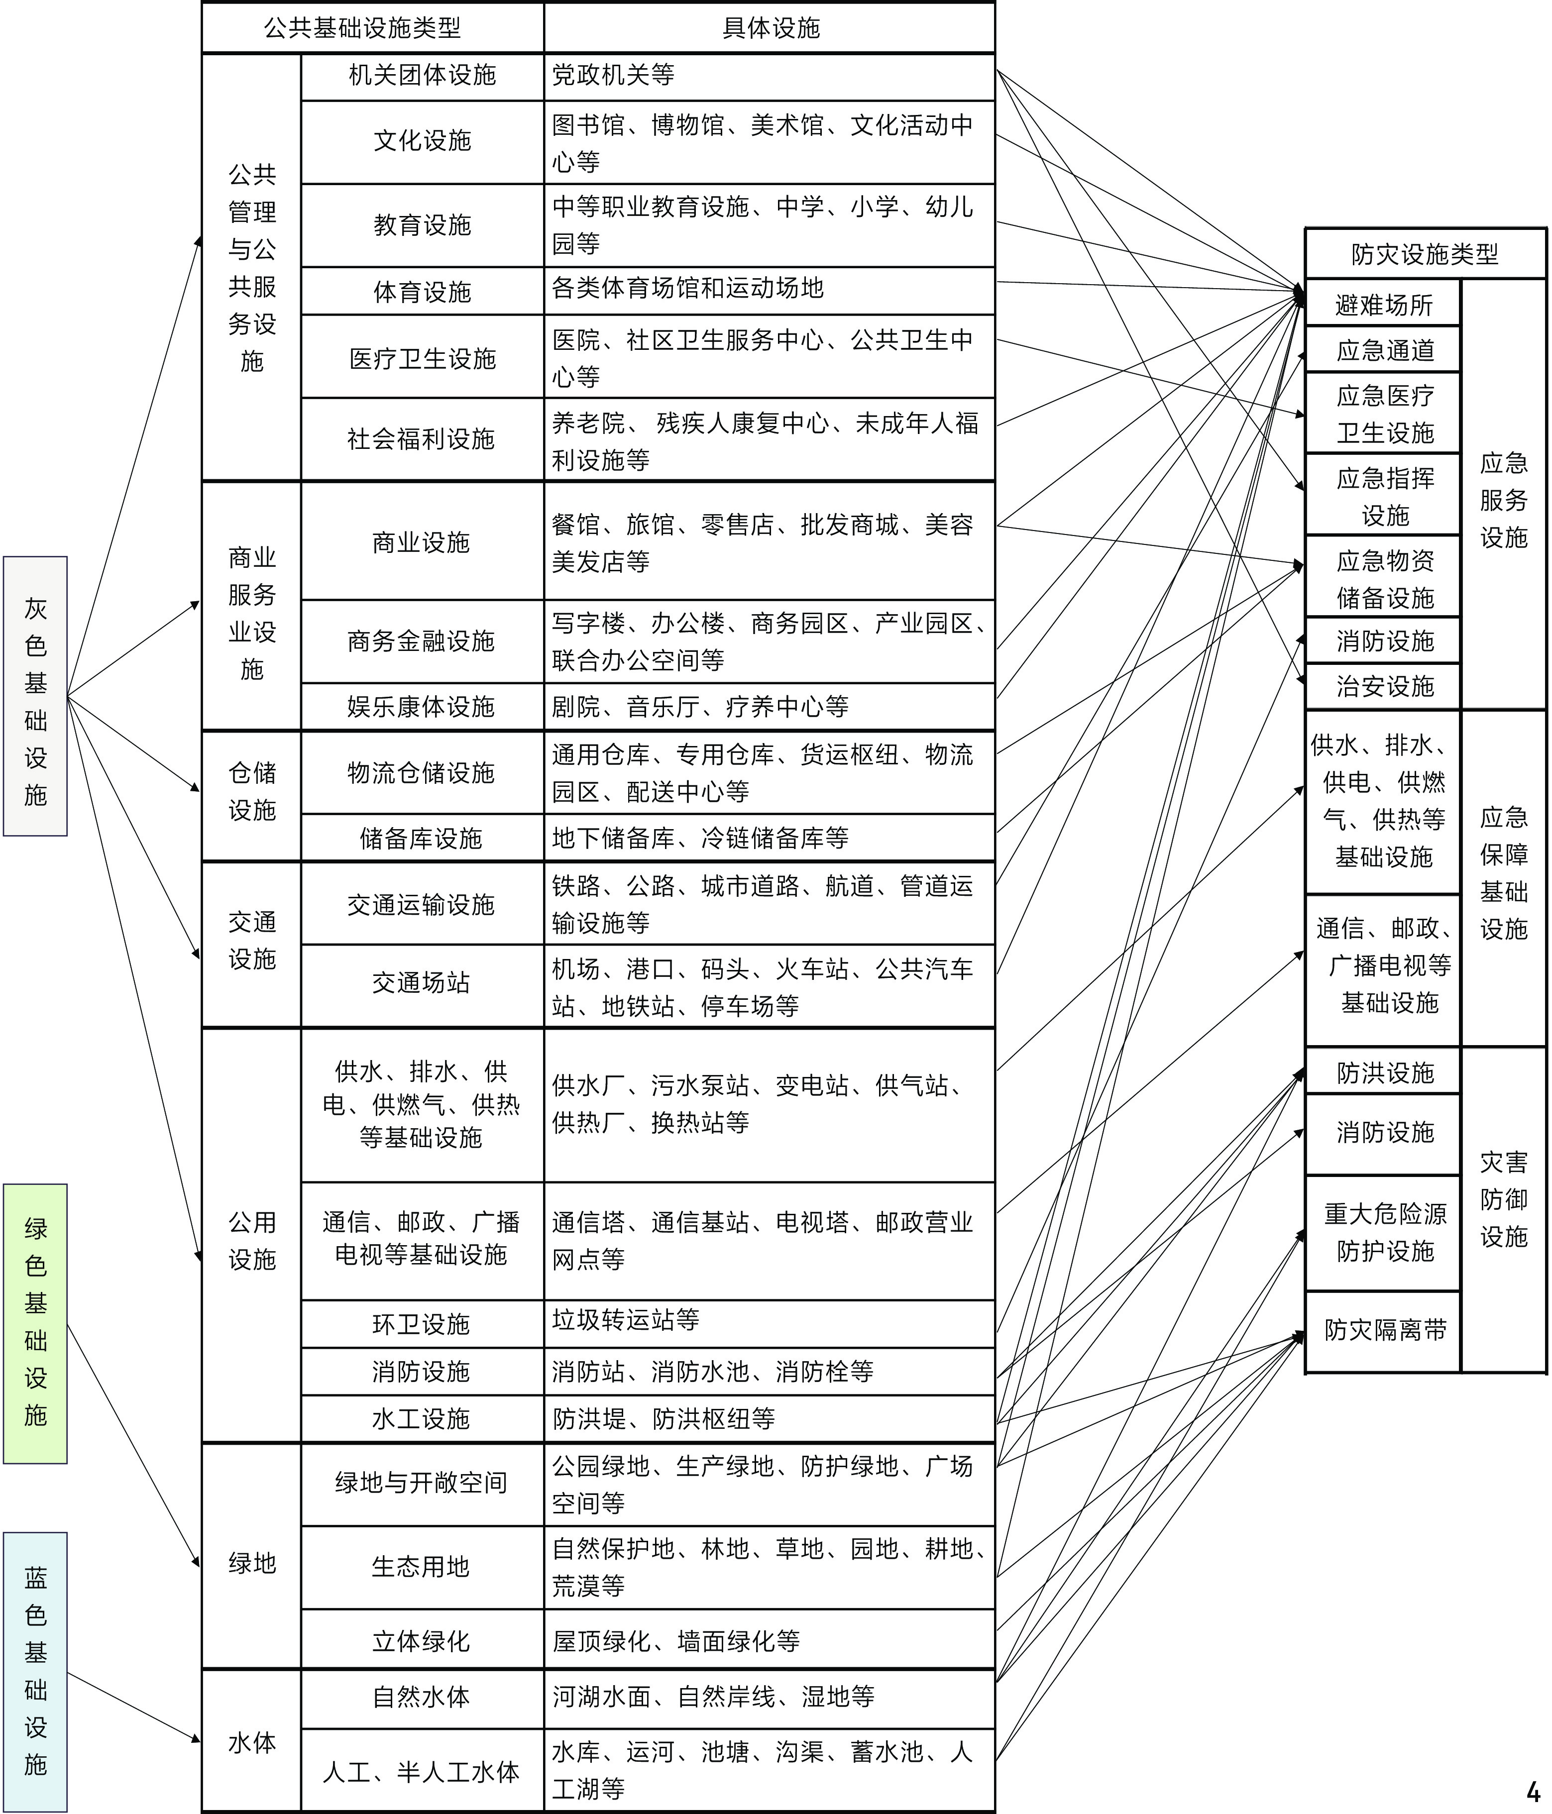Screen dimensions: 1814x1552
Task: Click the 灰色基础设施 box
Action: (35, 696)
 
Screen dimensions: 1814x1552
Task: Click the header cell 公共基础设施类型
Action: (362, 28)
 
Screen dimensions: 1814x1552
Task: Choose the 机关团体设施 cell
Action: (422, 76)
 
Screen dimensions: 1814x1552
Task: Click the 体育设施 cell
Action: (422, 292)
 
